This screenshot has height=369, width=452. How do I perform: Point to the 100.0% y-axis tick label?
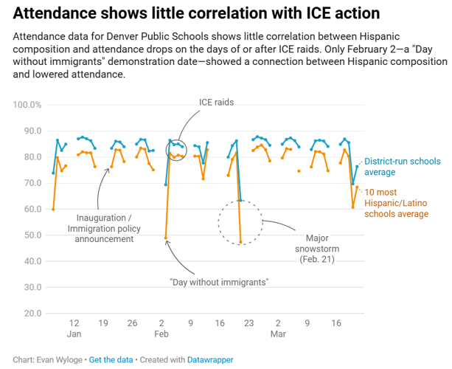(27, 105)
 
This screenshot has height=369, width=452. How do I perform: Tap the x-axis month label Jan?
(74, 335)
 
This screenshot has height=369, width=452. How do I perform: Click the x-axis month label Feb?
(161, 335)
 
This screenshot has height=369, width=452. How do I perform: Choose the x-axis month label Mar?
(278, 335)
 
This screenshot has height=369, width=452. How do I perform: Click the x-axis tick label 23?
(248, 323)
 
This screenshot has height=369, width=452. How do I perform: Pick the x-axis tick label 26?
(132, 323)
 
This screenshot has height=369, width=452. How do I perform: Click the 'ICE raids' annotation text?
(216, 103)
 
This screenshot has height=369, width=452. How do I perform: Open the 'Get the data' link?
(111, 359)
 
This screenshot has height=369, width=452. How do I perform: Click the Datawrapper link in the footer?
(208, 359)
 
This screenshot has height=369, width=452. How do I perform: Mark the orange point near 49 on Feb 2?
(166, 238)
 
